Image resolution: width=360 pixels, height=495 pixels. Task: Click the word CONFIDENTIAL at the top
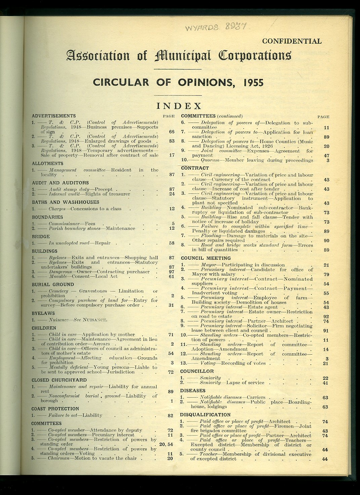coord(292,41)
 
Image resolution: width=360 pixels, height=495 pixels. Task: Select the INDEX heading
coord(179,106)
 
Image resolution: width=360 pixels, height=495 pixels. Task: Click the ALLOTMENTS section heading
coord(47,164)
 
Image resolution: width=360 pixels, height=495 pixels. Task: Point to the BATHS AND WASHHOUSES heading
coord(66,202)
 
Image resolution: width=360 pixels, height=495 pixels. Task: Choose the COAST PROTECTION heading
coord(55,409)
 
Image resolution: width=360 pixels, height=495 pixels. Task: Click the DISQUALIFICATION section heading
coord(205,415)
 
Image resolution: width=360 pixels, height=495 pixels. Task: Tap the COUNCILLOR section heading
coord(197,371)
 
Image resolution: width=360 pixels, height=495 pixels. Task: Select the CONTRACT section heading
coord(195,168)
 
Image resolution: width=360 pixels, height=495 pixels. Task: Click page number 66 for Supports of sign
coord(172,132)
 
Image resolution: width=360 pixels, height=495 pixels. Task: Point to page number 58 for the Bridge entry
coord(172,243)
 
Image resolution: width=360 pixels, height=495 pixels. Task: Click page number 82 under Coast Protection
coord(170,415)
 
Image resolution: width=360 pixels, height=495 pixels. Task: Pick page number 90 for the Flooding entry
coord(326,240)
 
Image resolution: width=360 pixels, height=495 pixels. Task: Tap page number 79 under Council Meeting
coord(326,274)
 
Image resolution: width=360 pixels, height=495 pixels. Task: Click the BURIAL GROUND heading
coord(53,284)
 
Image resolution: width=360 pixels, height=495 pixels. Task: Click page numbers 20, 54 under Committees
coord(166,444)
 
